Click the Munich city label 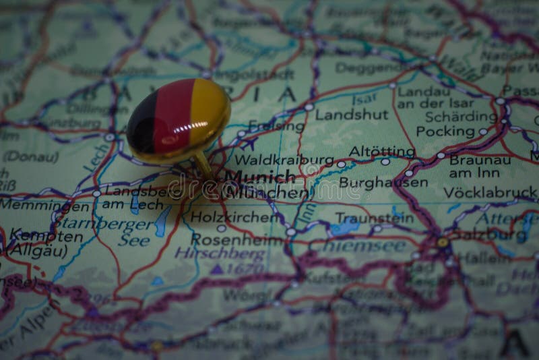pyautogui.click(x=259, y=177)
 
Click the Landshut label pyautogui.click(x=352, y=115)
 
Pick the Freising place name pyautogui.click(x=276, y=125)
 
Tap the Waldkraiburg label pyautogui.click(x=285, y=160)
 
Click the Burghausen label pyautogui.click(x=383, y=182)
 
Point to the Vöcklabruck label pyautogui.click(x=490, y=192)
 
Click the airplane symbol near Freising pyautogui.click(x=249, y=144)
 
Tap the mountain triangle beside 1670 pyautogui.click(x=216, y=269)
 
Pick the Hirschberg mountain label pyautogui.click(x=220, y=254)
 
